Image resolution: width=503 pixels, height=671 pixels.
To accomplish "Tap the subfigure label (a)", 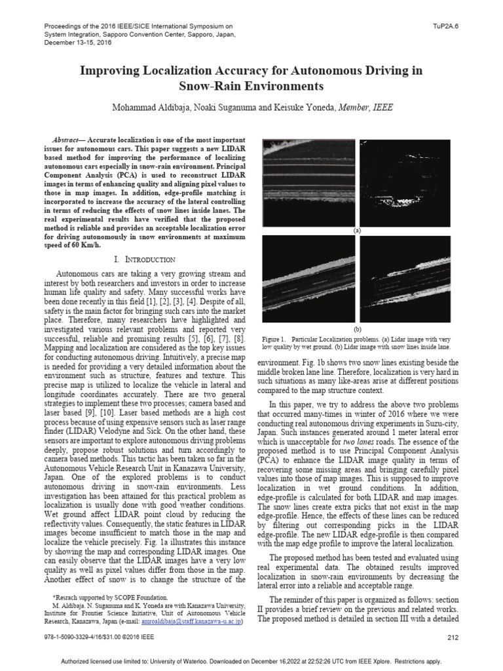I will tap(357, 231).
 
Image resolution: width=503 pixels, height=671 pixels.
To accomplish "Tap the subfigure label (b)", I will tap(357, 328).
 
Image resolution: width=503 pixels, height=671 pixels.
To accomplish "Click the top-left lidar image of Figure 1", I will tap(308, 182).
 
